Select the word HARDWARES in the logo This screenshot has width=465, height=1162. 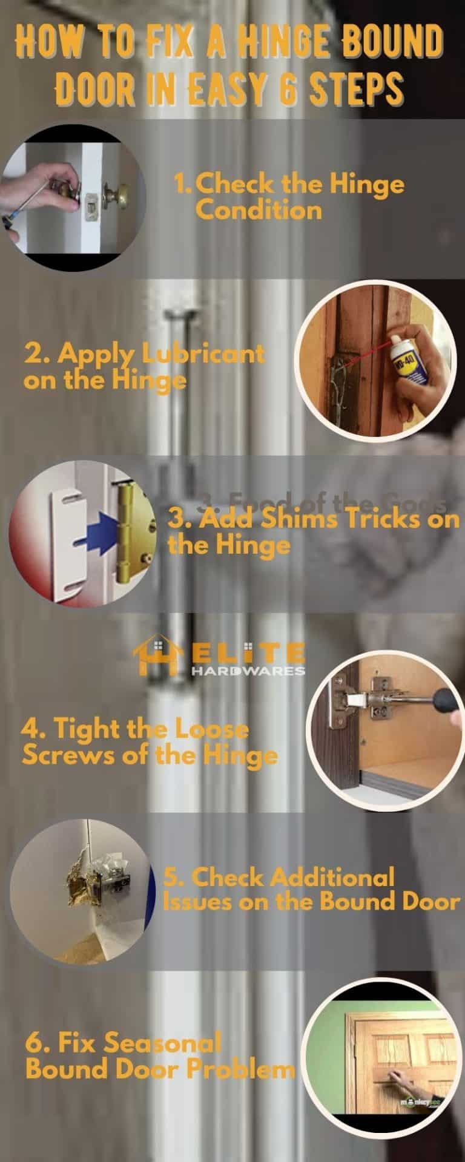click(x=248, y=671)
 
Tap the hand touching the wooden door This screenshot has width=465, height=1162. click(x=399, y=1074)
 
